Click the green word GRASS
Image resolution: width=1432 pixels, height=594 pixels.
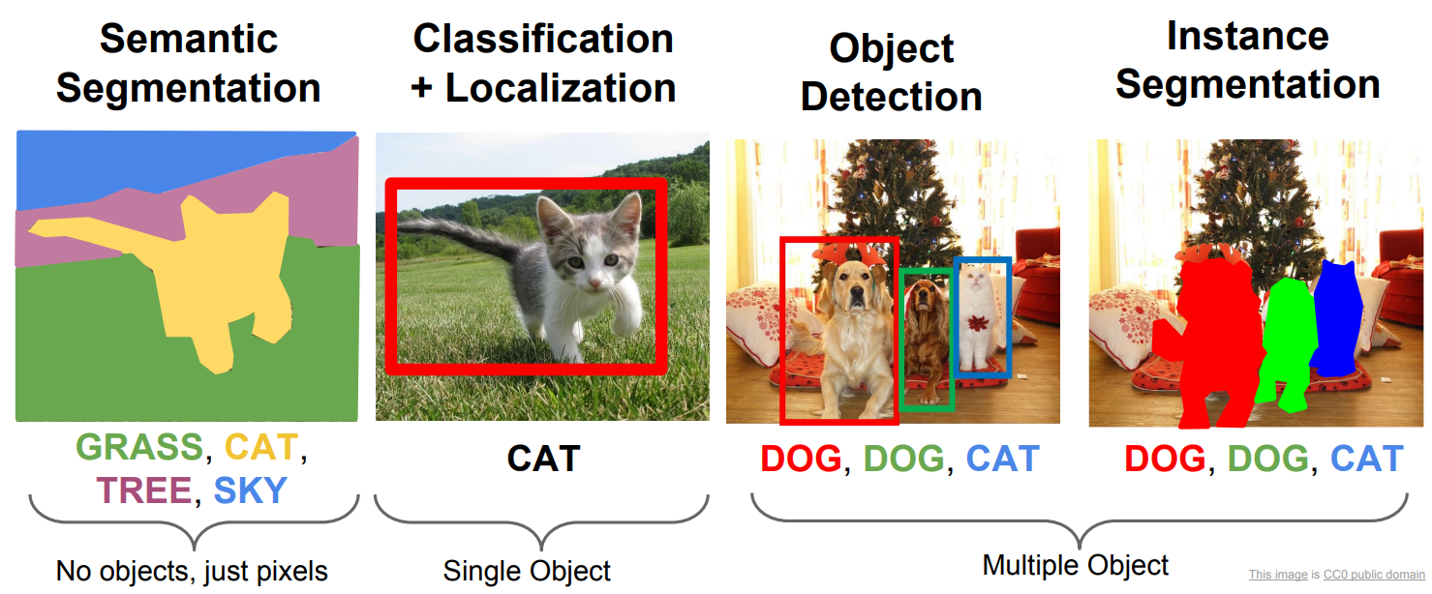(x=139, y=446)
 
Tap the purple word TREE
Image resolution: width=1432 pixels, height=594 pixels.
(x=144, y=490)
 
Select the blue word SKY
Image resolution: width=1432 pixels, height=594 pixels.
(x=250, y=490)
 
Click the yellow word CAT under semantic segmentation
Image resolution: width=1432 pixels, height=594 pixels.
(x=261, y=446)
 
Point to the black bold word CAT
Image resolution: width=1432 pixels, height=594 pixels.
(x=543, y=459)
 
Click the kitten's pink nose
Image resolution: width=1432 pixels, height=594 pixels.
(x=594, y=282)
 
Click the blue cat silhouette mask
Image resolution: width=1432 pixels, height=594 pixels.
(x=1336, y=319)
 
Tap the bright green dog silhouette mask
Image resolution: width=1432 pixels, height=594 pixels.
(x=1288, y=345)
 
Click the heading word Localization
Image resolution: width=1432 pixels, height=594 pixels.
(x=561, y=87)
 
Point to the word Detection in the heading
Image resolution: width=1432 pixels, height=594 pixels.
(x=891, y=97)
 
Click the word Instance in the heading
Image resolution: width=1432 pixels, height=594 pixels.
(x=1247, y=36)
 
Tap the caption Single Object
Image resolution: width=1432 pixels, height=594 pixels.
(x=527, y=571)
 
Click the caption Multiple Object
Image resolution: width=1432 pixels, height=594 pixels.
(x=1076, y=565)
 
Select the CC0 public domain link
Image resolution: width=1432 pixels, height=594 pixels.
(x=1374, y=575)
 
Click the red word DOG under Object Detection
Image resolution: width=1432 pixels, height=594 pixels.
(x=801, y=459)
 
